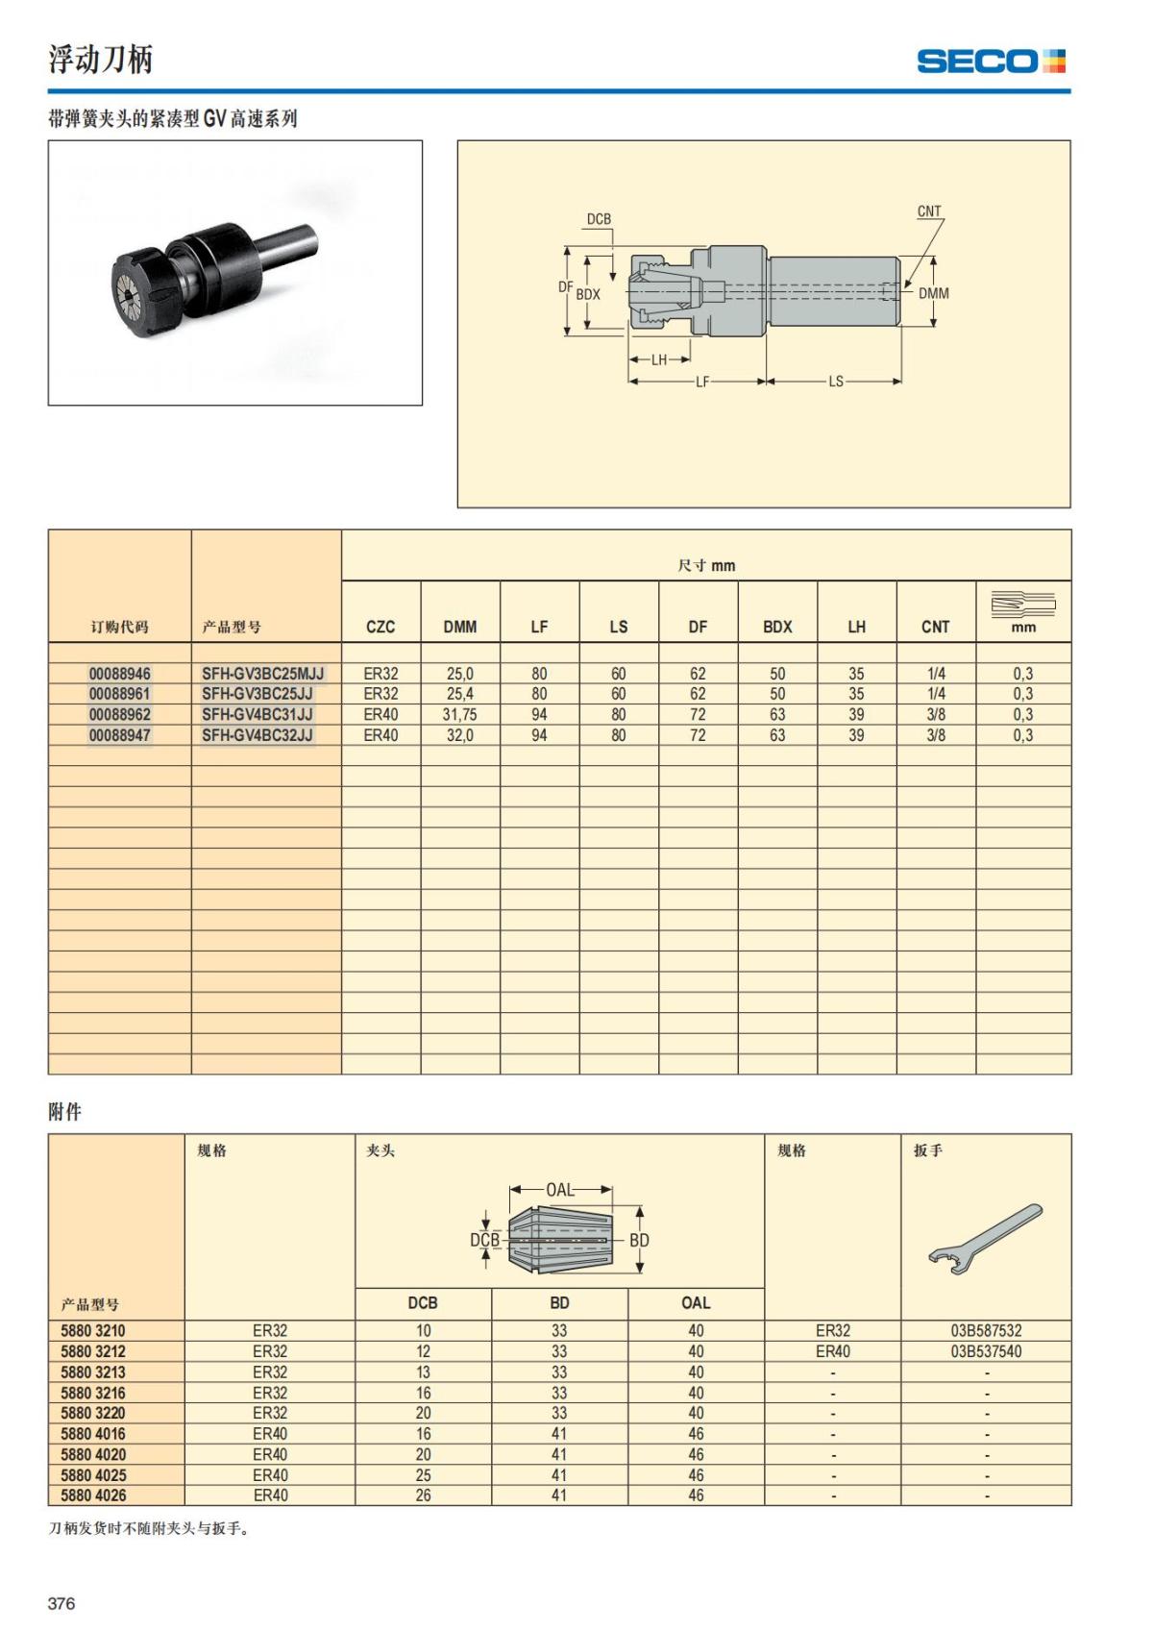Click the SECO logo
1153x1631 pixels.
pyautogui.click(x=991, y=62)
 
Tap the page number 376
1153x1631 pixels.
pyautogui.click(x=61, y=1603)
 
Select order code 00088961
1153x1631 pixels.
pyautogui.click(x=119, y=694)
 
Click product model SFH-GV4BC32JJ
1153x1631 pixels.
pyautogui.click(x=257, y=735)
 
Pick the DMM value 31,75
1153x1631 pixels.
pyautogui.click(x=459, y=715)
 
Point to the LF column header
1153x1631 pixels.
pyautogui.click(x=539, y=627)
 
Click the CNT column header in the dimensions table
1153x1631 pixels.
pyautogui.click(x=935, y=627)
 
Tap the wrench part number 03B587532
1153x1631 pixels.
pyautogui.click(x=986, y=1331)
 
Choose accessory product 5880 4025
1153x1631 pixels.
pyautogui.click(x=93, y=1475)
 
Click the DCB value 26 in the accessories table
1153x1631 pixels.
pyautogui.click(x=423, y=1495)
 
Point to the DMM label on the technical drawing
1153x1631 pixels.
pyautogui.click(x=933, y=294)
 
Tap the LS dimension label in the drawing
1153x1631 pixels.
pyautogui.click(x=836, y=382)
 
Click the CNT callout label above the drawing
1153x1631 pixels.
pyautogui.click(x=929, y=211)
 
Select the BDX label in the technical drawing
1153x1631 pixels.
pyautogui.click(x=588, y=294)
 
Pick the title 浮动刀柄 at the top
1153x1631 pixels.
pyautogui.click(x=101, y=60)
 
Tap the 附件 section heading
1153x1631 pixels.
pyautogui.click(x=65, y=1112)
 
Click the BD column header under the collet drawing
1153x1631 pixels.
pyautogui.click(x=559, y=1303)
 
